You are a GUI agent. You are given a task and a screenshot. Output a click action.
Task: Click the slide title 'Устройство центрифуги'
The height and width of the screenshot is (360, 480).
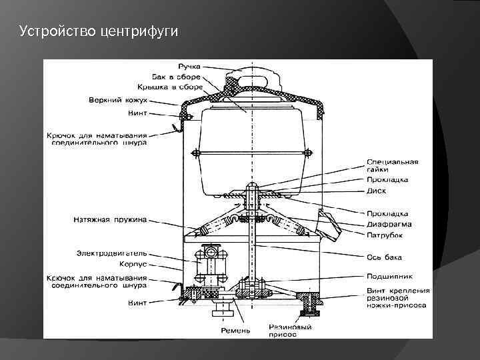pos(99,31)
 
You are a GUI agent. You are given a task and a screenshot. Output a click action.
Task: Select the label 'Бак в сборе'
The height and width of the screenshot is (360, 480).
pos(175,77)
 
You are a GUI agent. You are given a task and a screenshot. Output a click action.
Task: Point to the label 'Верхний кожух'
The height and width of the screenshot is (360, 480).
pos(119,101)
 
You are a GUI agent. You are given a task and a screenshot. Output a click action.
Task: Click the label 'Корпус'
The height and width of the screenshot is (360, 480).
pos(133,265)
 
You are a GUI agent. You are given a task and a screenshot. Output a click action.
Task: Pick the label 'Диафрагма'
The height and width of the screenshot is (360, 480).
pos(388,225)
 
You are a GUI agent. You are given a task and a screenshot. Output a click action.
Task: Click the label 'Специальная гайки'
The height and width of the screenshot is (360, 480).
pos(392,166)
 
